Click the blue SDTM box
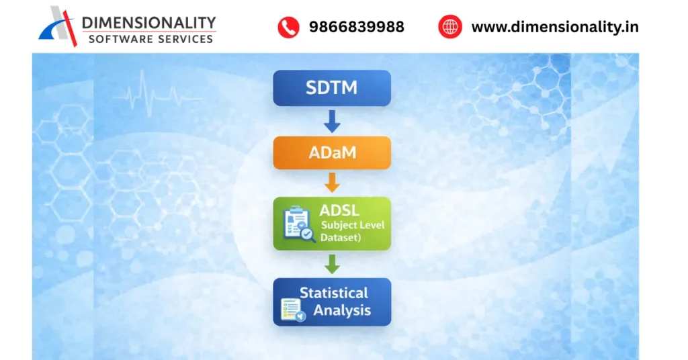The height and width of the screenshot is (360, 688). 331,88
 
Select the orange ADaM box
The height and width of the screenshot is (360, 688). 331,153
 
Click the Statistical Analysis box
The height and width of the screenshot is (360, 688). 331,302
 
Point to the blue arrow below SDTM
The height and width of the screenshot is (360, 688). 332,122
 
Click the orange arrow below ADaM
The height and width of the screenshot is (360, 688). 332,183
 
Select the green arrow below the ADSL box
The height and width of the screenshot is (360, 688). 332,264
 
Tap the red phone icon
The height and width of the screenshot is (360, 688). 288,27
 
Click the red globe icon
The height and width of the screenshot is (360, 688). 449,27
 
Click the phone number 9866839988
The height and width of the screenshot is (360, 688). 356,27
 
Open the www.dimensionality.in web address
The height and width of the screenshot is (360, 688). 554,27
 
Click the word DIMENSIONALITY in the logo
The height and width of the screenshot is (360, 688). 148,24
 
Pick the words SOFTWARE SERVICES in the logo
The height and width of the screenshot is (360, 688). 150,39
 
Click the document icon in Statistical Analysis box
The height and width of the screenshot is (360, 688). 292,310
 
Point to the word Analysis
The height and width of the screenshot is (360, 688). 342,310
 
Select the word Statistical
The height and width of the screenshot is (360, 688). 333,293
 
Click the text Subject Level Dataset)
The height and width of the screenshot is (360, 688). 351,231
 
